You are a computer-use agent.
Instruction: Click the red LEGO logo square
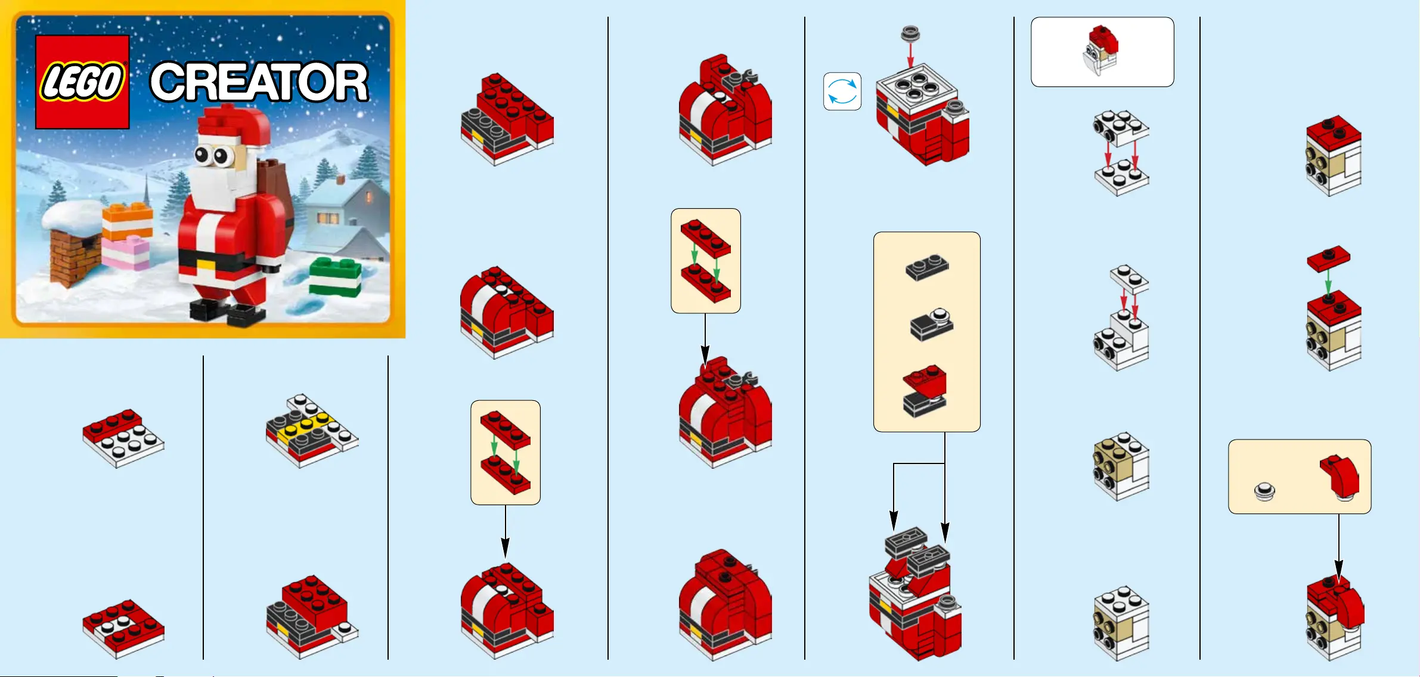point(82,82)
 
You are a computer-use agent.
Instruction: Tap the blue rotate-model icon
point(842,92)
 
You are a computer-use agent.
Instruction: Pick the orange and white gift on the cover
point(128,220)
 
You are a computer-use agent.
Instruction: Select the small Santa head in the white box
point(1101,50)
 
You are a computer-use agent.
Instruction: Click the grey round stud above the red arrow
point(910,33)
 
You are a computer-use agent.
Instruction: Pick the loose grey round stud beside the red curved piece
point(1264,491)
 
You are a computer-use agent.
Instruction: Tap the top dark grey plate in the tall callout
point(927,267)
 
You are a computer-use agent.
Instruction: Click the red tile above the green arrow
point(1329,258)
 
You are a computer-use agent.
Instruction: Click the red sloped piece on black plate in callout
point(924,391)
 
